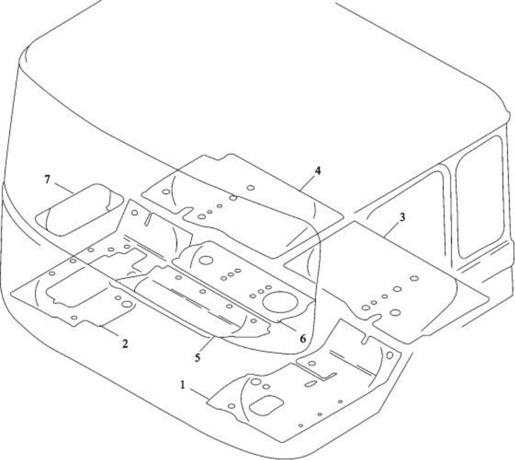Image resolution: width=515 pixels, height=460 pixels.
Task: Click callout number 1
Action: coord(183,385)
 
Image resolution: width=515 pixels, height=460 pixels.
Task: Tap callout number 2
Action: coord(125,344)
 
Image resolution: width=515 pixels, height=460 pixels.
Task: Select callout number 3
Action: coord(402,217)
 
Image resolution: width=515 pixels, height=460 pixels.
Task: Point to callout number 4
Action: coord(317,171)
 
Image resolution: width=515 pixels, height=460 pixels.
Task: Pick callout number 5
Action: coord(197,358)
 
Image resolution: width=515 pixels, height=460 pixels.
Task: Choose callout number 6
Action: coord(303,339)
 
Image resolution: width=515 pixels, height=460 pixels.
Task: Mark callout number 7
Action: coord(48,180)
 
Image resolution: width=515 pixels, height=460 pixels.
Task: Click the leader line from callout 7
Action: coord(65,188)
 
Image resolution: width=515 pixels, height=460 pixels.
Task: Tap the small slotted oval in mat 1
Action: coord(311,384)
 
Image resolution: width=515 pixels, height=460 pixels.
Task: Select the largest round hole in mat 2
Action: coord(127,304)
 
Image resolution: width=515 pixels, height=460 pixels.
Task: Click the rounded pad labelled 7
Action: coord(80,210)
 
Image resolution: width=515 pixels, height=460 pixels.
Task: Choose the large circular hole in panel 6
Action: coord(206,261)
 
